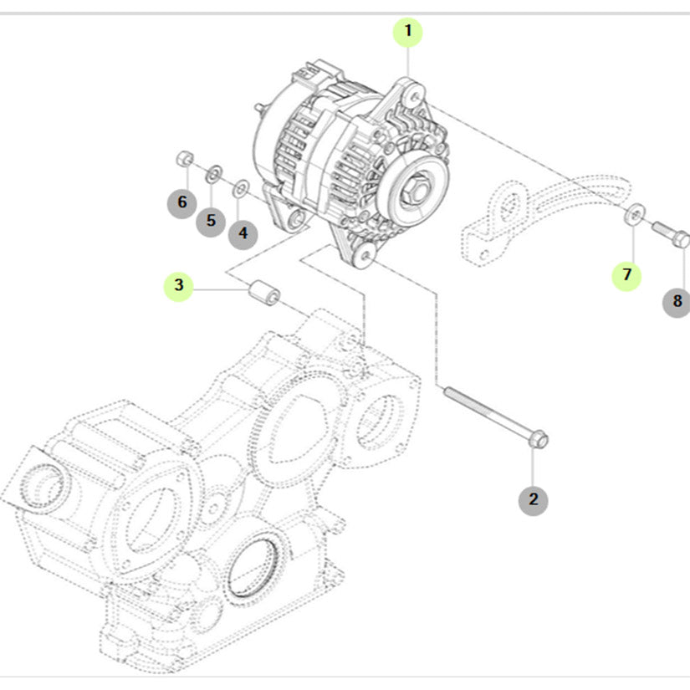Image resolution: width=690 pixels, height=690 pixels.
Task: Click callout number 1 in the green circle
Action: point(408,33)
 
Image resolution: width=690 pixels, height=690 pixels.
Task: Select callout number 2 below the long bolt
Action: point(533,500)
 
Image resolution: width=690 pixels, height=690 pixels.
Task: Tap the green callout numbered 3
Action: point(178,285)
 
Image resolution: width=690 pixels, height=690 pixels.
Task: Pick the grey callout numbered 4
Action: point(243,233)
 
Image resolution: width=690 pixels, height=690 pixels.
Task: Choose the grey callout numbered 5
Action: point(211,221)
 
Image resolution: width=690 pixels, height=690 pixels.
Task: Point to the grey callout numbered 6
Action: point(181,202)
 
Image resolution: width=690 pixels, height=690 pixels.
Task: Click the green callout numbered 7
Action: point(626,273)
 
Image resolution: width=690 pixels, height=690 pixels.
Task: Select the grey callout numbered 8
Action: point(677,300)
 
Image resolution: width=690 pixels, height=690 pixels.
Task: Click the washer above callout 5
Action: point(213,173)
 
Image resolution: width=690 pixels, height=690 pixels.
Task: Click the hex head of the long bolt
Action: point(538,438)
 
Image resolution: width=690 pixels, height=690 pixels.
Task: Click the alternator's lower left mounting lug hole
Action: point(293,220)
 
